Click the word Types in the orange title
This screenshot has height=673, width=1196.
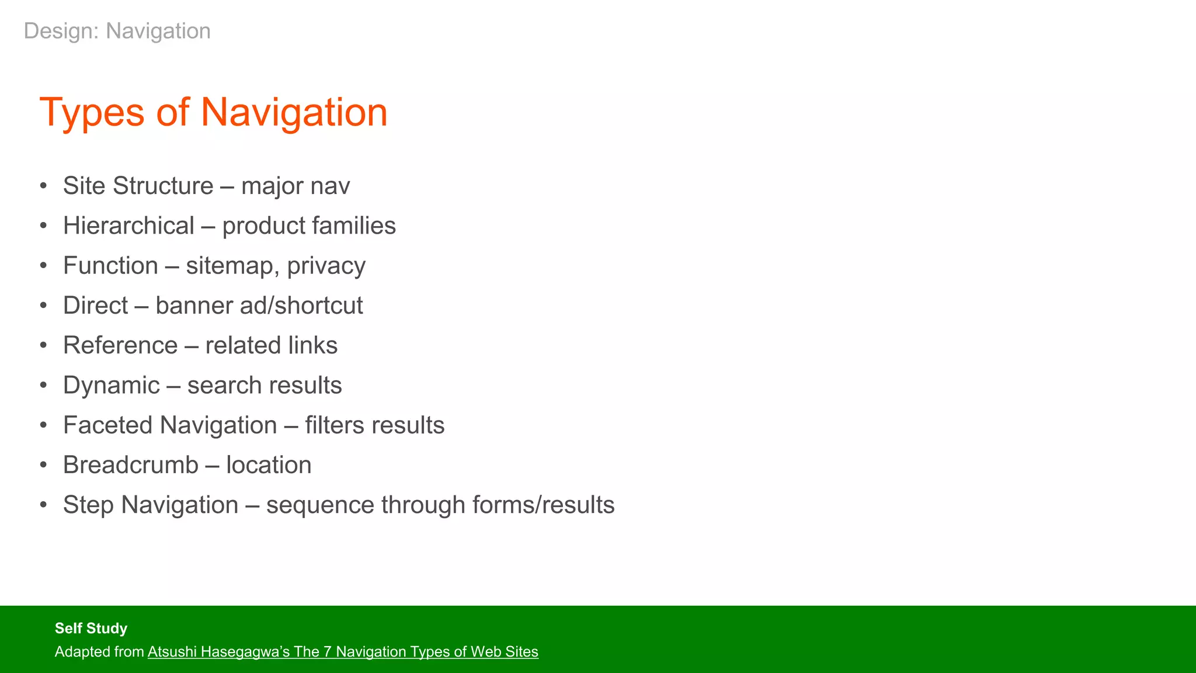tap(92, 113)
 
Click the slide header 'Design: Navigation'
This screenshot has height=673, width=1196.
tap(117, 31)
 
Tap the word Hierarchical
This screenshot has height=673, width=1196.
tap(128, 226)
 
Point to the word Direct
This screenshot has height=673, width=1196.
tap(95, 306)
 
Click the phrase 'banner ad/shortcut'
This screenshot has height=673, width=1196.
tap(259, 306)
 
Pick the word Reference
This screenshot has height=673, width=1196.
tap(120, 345)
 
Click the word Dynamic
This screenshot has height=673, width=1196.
tap(111, 386)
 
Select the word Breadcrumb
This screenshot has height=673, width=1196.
tap(130, 465)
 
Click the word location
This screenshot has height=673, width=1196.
tap(269, 465)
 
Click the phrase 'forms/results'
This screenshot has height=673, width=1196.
tap(543, 505)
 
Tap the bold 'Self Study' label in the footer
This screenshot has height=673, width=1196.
tap(91, 628)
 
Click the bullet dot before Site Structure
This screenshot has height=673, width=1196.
tap(43, 186)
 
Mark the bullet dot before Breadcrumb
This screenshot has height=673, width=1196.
tap(43, 466)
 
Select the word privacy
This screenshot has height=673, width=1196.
tap(326, 266)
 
